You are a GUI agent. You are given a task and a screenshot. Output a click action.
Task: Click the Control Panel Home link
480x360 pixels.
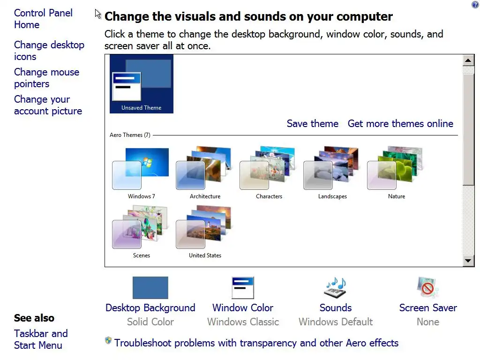coord(43,19)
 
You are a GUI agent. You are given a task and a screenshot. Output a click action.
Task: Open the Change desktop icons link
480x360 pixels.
coord(49,51)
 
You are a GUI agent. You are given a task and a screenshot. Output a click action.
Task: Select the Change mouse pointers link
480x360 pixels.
coord(46,78)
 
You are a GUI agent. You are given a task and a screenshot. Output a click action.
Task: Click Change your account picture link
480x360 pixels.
coord(48,105)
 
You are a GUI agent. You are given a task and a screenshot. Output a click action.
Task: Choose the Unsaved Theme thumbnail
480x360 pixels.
coord(142,84)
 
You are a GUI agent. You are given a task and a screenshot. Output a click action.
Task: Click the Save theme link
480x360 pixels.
coord(313,123)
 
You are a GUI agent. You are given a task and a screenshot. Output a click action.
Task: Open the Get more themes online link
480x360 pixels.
coord(400,123)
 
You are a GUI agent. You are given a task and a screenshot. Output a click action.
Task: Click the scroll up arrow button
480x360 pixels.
coord(468,60)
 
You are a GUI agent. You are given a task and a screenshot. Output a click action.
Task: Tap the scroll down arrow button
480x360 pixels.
coord(468,261)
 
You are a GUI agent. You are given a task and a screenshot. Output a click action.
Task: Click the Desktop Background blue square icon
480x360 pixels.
coord(150,288)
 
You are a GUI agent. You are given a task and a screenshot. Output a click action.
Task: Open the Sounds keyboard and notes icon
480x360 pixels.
coord(335,287)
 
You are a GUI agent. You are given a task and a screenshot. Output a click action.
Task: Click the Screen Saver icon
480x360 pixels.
coord(427,287)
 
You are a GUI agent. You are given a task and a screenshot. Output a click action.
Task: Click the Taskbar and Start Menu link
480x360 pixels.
coord(41,339)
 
